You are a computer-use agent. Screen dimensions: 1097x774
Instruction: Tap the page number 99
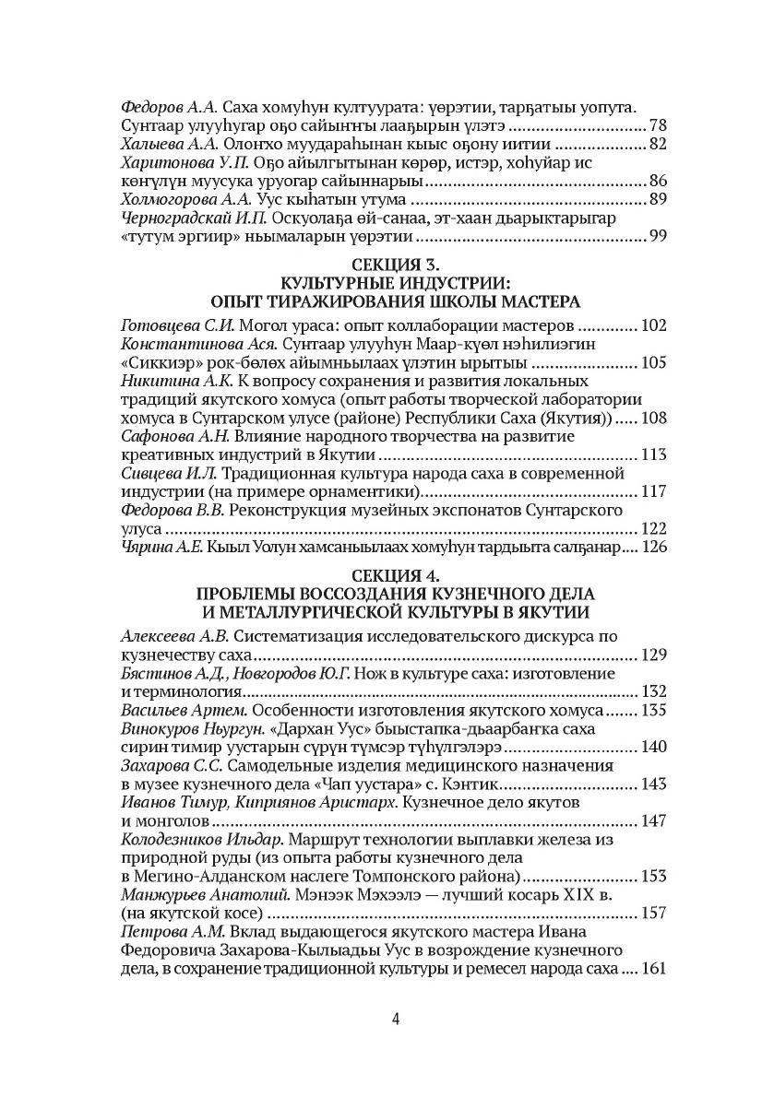coord(658,238)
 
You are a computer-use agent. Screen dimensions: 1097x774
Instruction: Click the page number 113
coord(652,454)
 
